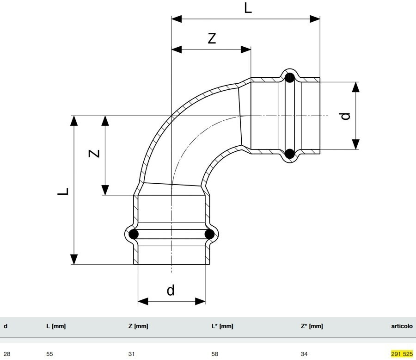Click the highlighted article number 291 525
pyautogui.click(x=401, y=354)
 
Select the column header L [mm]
pyautogui.click(x=56, y=326)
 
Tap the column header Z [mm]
pyautogui.click(x=138, y=326)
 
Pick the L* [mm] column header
pyautogui.click(x=222, y=326)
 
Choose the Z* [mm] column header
pyautogui.click(x=312, y=326)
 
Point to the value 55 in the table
pyautogui.click(x=50, y=354)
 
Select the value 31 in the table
pyautogui.click(x=131, y=354)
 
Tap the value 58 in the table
pyautogui.click(x=214, y=354)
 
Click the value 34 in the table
pyautogui.click(x=304, y=354)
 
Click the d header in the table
pyautogui.click(x=6, y=326)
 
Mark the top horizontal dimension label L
pyautogui.click(x=248, y=8)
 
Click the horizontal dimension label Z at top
pyautogui.click(x=211, y=38)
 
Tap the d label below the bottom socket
pyautogui.click(x=171, y=290)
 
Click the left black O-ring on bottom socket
pyautogui.click(x=134, y=234)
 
